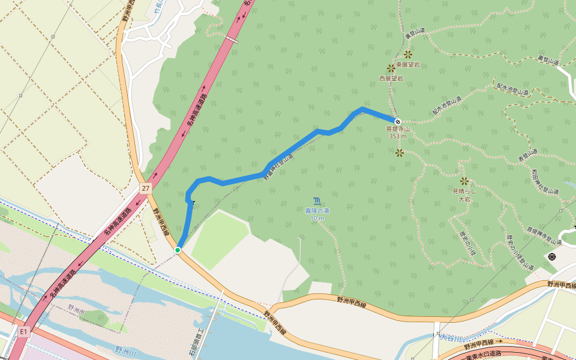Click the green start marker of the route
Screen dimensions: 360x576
click(x=178, y=250)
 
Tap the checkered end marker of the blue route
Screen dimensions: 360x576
click(x=397, y=122)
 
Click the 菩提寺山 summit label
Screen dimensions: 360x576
click(x=397, y=129)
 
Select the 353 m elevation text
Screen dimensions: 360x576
click(x=397, y=136)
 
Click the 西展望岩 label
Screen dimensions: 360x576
click(x=391, y=78)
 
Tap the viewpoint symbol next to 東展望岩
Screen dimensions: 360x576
click(x=407, y=54)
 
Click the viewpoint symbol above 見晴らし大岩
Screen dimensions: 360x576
click(x=464, y=181)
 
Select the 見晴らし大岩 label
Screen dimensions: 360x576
click(x=464, y=194)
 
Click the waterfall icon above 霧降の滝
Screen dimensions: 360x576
click(x=317, y=200)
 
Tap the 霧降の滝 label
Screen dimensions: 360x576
click(x=317, y=211)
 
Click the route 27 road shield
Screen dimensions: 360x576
click(x=146, y=188)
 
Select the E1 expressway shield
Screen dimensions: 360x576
click(x=23, y=331)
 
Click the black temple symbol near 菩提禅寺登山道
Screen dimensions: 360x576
click(x=551, y=257)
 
